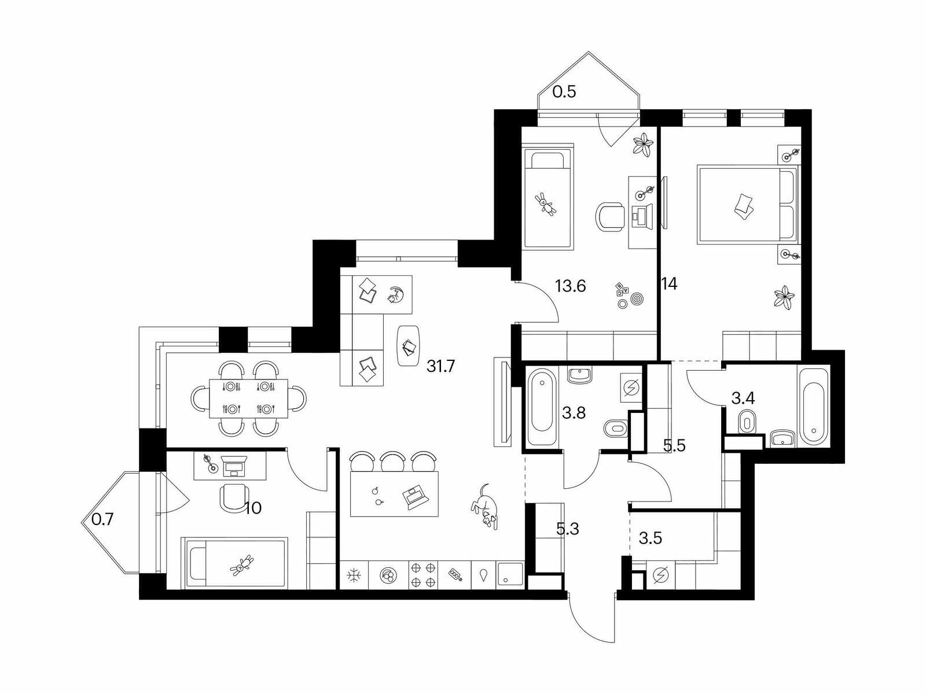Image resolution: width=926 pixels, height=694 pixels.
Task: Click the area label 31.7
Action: (440, 366)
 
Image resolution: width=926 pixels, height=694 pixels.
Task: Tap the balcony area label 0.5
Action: (564, 91)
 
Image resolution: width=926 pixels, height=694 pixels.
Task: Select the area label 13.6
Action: (571, 286)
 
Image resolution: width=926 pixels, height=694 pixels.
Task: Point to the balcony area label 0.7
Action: (102, 519)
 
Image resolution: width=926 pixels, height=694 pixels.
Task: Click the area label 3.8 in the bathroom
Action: (574, 413)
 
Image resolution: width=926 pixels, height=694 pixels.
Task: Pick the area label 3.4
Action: (743, 398)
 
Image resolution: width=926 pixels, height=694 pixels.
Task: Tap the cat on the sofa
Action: (395, 294)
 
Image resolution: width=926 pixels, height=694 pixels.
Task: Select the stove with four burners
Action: (422, 575)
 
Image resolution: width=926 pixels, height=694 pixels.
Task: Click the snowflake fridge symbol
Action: (353, 575)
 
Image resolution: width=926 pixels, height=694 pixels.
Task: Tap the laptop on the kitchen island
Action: (416, 497)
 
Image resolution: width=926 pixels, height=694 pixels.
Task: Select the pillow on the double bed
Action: (744, 206)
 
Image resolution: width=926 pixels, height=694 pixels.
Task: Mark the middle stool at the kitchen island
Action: (393, 462)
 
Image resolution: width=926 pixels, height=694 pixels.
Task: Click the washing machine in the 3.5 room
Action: (661, 575)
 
